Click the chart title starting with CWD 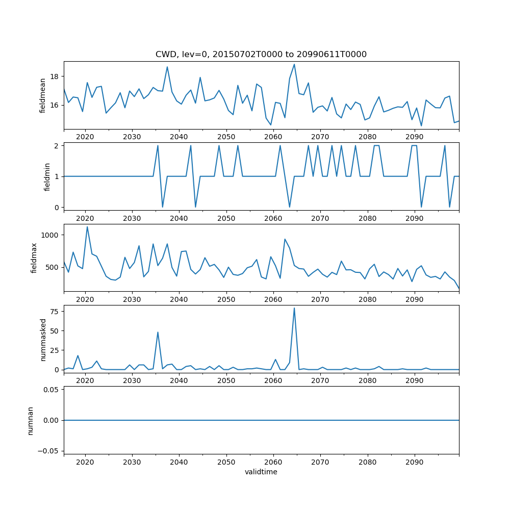[261, 54]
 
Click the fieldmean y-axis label [43, 95]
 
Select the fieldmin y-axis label [47, 176]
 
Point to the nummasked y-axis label [43, 339]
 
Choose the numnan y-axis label [31, 420]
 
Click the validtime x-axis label [261, 472]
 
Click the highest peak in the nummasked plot [294, 308]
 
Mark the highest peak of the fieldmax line [87, 227]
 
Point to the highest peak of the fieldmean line [294, 64]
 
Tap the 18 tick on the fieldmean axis [55, 76]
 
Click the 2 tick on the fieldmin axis [58, 145]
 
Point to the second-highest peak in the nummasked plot [158, 332]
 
